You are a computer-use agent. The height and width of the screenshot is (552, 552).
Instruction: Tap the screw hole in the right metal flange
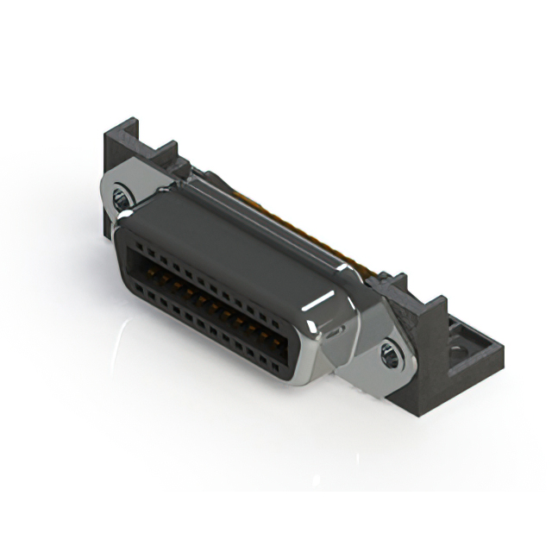390,352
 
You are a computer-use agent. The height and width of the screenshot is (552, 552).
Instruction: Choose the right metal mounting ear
379,354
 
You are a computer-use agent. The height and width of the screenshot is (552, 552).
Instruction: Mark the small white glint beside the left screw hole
126,212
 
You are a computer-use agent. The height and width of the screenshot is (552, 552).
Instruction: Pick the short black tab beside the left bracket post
165,155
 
